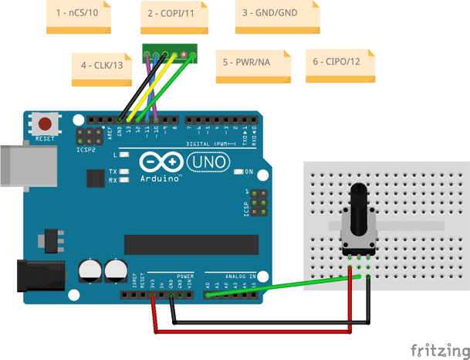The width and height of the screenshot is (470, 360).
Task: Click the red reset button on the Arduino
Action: (46, 124)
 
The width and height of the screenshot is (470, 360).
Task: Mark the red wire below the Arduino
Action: (255, 332)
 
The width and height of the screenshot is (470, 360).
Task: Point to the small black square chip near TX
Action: (96, 178)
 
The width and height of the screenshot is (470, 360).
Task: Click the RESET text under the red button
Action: (46, 139)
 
